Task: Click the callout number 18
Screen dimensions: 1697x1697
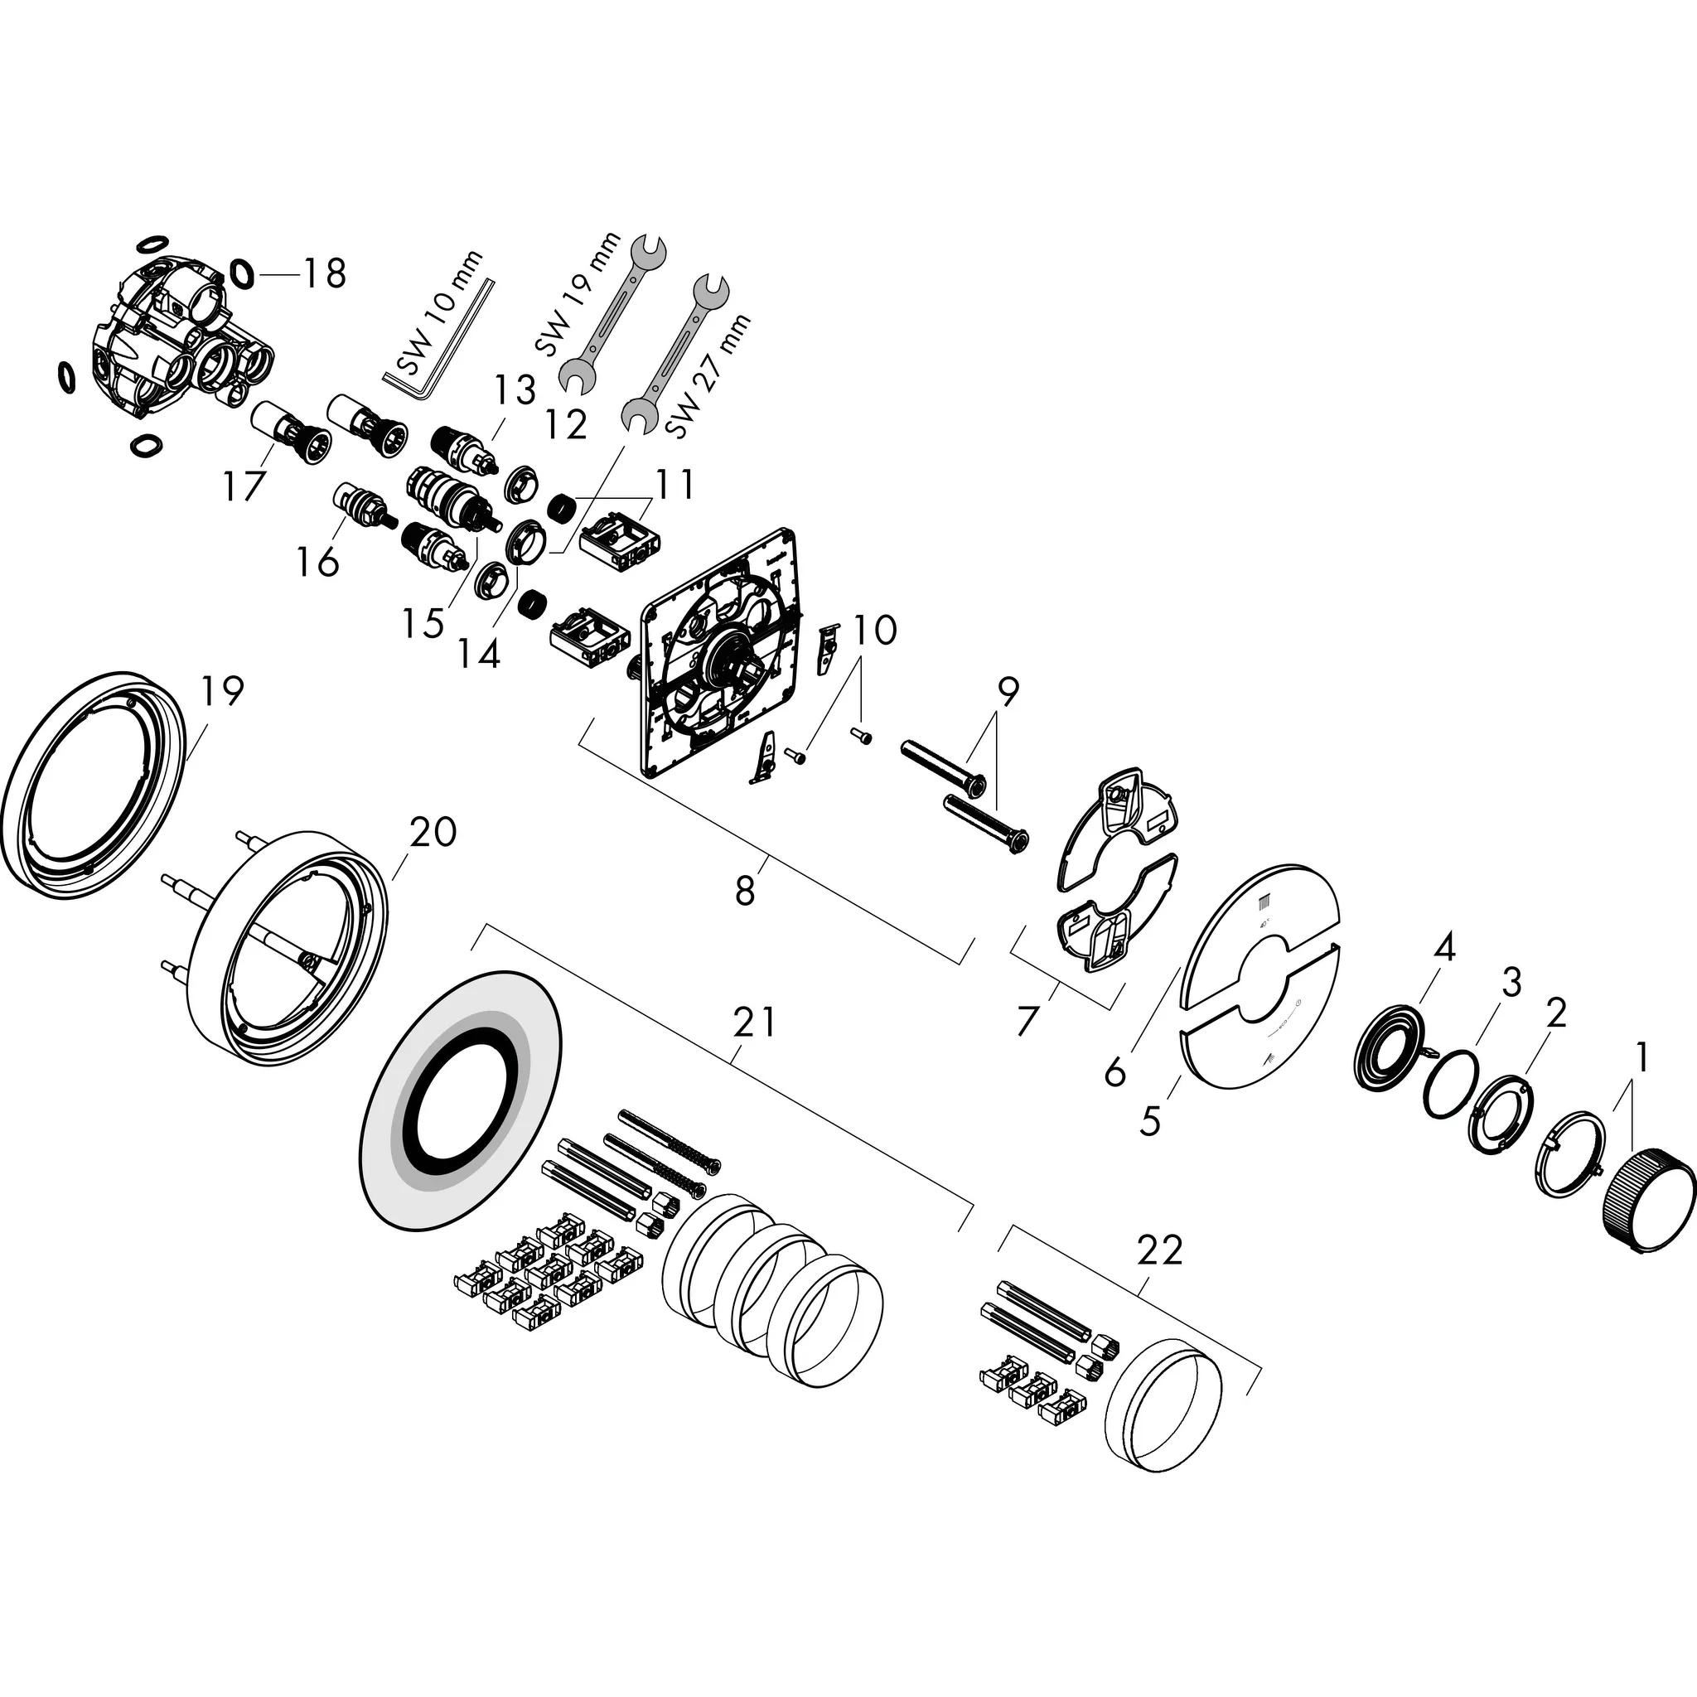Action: (x=324, y=273)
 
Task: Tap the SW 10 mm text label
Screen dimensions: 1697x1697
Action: (x=439, y=312)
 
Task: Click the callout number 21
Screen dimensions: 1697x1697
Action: (x=755, y=1023)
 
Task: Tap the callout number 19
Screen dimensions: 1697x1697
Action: (x=220, y=690)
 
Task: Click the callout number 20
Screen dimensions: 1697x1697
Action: (x=433, y=831)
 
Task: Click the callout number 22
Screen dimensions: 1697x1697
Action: (x=1159, y=1250)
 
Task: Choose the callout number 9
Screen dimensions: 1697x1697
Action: (x=1008, y=693)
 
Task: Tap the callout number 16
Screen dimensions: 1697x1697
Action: (x=317, y=561)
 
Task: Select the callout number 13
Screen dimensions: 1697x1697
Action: (x=514, y=390)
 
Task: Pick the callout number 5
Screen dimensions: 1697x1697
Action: (x=1150, y=1120)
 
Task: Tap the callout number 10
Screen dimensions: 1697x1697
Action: (x=875, y=630)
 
